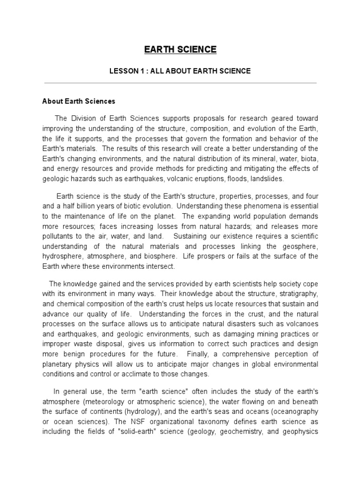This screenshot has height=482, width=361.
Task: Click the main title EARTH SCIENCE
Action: click(180, 49)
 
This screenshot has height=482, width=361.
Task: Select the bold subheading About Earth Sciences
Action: click(78, 101)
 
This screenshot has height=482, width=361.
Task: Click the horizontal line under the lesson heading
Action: click(180, 82)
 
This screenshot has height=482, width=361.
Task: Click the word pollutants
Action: click(59, 236)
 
